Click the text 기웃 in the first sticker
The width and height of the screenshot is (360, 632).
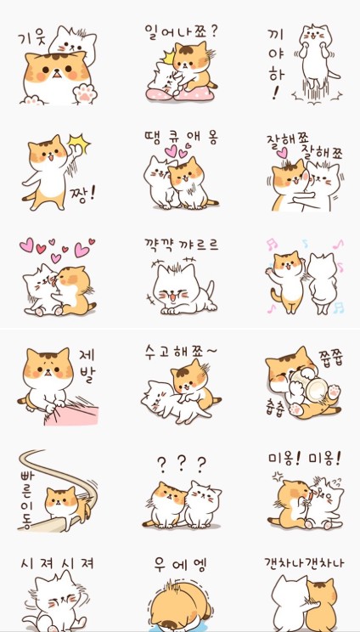(x=31, y=39)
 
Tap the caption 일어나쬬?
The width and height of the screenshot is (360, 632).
(x=181, y=31)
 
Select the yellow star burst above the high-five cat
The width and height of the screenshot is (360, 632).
(x=78, y=144)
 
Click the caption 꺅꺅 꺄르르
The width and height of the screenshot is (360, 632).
(x=181, y=245)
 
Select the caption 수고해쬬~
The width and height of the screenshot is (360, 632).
(x=181, y=352)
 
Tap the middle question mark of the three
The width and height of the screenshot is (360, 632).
(x=181, y=464)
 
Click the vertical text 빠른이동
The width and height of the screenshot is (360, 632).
(x=26, y=499)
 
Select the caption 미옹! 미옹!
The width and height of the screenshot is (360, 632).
(x=305, y=458)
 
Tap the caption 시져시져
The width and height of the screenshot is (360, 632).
(x=57, y=563)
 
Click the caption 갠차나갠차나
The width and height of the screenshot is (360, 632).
(x=305, y=562)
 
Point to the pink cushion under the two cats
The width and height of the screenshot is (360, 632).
(x=180, y=94)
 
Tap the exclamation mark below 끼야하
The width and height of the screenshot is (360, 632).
(x=276, y=93)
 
